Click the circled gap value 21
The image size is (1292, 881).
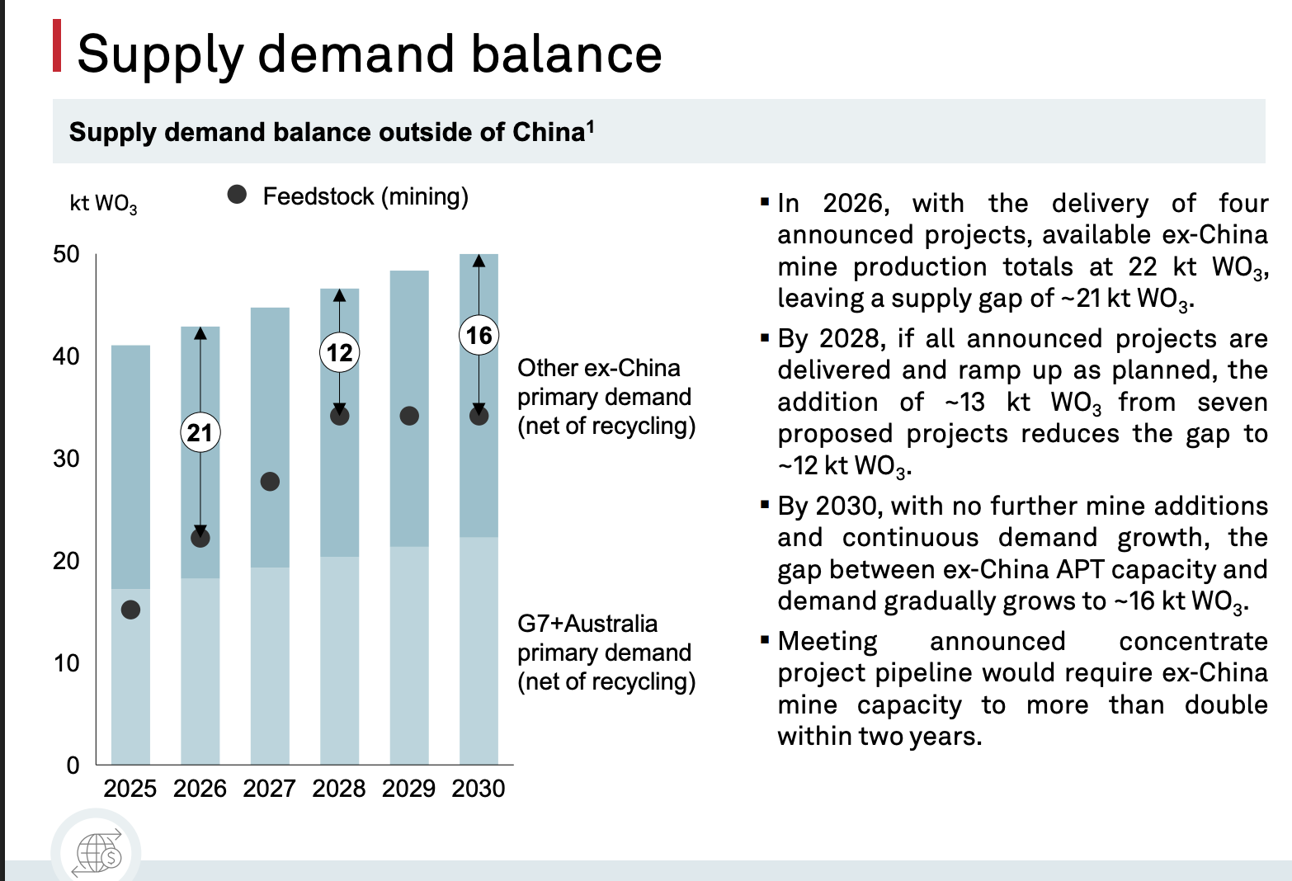click(200, 432)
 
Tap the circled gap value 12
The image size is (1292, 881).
click(340, 352)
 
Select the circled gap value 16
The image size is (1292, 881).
click(479, 335)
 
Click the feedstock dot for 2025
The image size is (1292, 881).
click(130, 610)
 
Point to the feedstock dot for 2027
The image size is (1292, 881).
click(270, 482)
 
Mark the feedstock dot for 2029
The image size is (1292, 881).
click(409, 416)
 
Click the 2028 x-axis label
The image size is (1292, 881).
click(339, 788)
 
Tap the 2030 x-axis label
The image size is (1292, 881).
click(479, 788)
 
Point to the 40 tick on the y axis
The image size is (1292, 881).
click(66, 356)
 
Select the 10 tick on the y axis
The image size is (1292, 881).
click(66, 663)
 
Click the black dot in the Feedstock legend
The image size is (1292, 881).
click(237, 195)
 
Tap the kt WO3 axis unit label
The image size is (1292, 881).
click(103, 204)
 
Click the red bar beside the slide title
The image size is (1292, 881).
click(57, 45)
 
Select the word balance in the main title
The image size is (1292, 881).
click(567, 54)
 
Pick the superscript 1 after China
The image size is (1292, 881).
click(590, 126)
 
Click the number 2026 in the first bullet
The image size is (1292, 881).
click(856, 203)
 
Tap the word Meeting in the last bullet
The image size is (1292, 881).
click(828, 641)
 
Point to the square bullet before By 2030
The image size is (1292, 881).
click(765, 505)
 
